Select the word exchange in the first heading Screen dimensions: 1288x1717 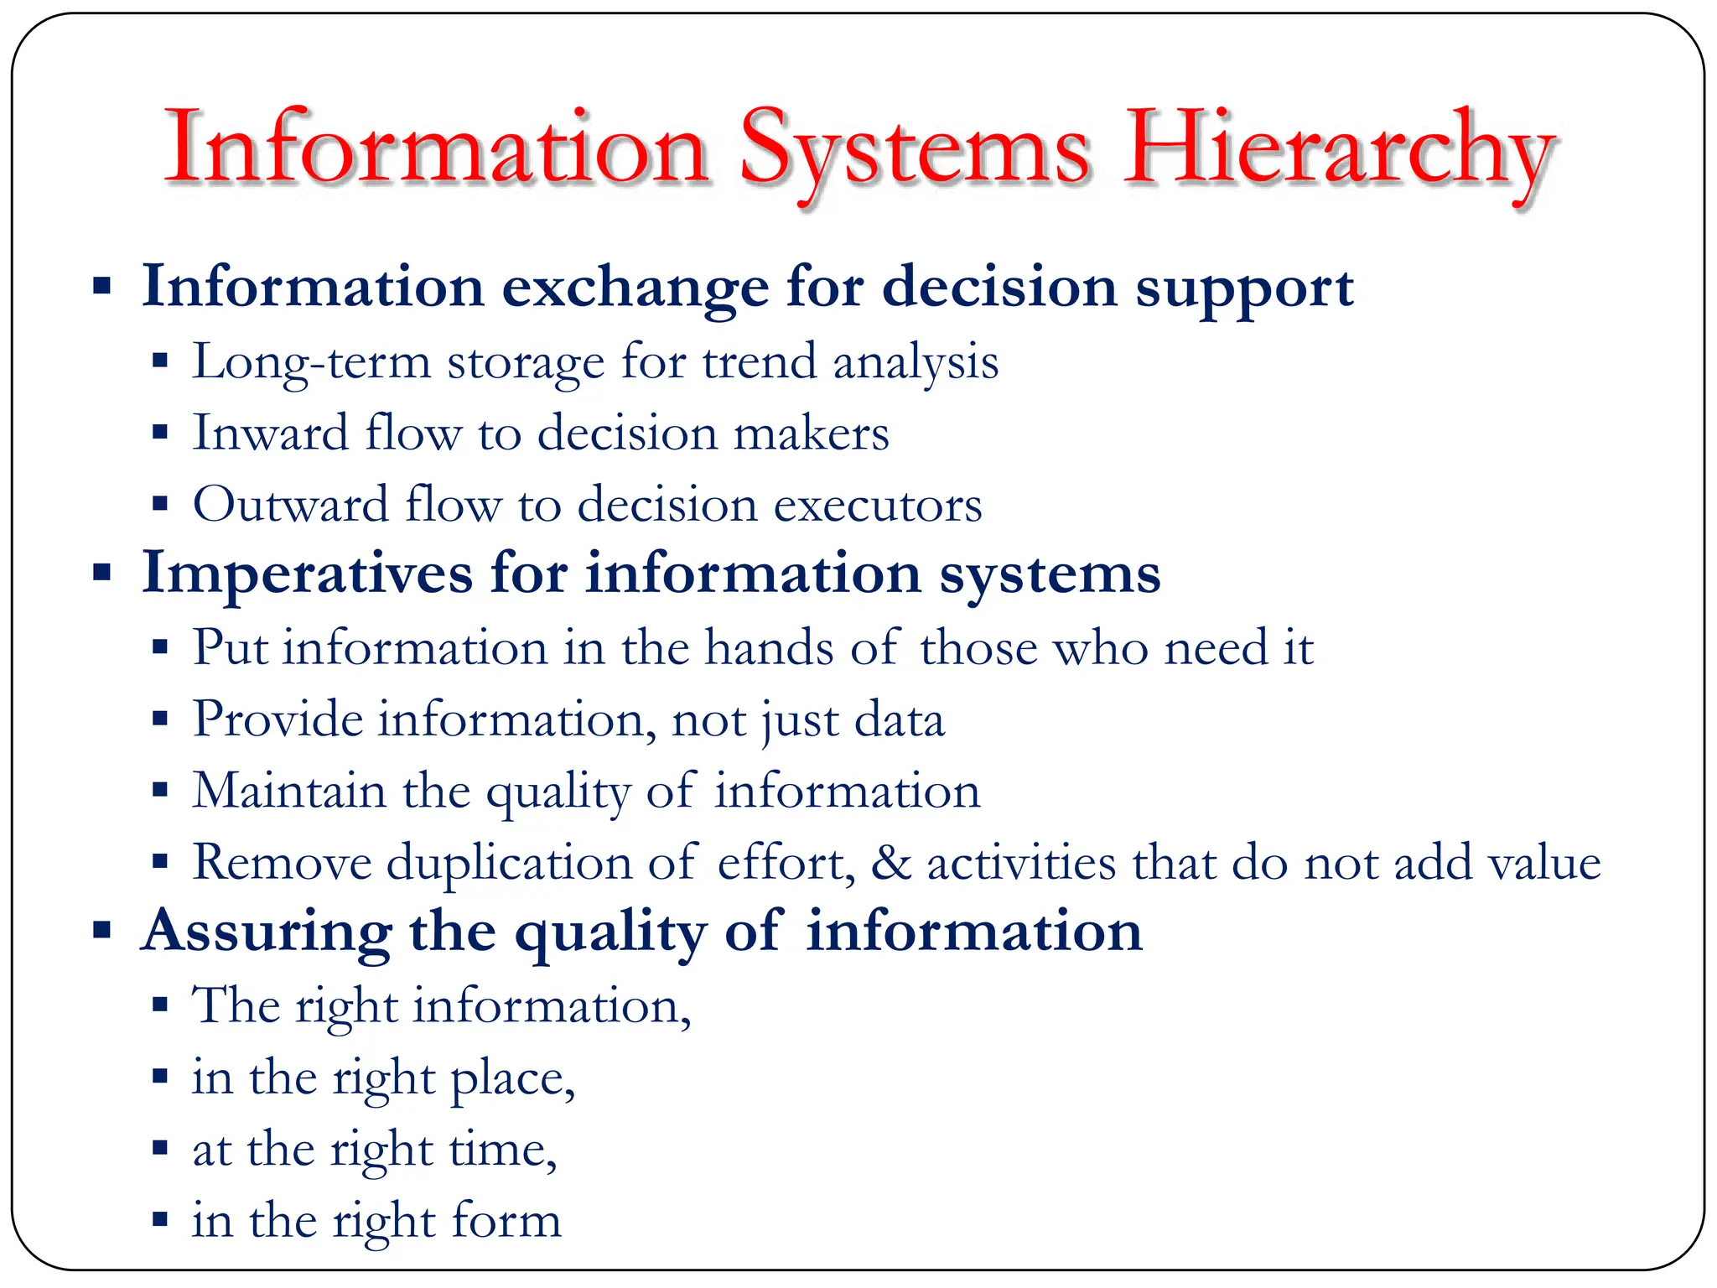(635, 288)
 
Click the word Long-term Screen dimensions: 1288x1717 (311, 363)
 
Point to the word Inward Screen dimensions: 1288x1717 (270, 434)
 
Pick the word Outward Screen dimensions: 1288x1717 (290, 505)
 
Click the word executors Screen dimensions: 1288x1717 (877, 505)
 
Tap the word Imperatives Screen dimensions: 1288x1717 (307, 575)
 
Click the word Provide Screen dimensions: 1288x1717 (278, 719)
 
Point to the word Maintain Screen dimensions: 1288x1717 (288, 791)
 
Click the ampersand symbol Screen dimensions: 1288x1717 (890, 863)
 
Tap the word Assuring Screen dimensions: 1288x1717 (266, 932)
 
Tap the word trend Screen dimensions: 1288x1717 (759, 362)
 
